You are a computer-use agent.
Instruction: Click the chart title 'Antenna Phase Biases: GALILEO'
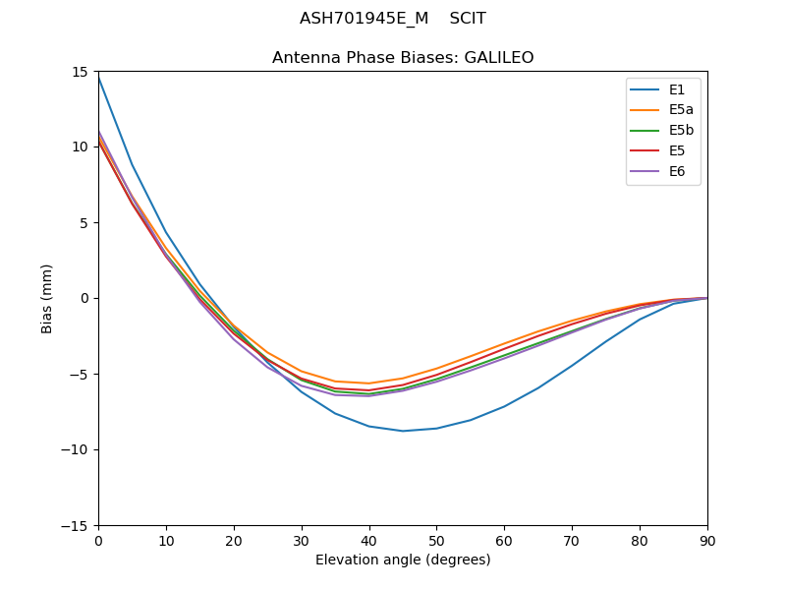403,58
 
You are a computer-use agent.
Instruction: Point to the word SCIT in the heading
468,19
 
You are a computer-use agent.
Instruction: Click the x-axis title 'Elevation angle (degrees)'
403,560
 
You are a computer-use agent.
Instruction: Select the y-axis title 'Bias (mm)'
47,298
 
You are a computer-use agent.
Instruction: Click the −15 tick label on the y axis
77,526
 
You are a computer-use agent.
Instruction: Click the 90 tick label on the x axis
706,541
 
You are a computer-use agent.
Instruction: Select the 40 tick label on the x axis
368,541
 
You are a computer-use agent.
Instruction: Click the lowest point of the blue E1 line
403,431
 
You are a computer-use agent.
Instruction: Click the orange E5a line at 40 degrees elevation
368,383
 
